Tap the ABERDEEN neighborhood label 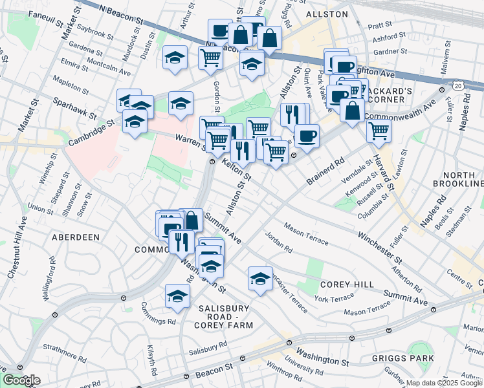click(x=76, y=237)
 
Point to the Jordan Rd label click(x=279, y=244)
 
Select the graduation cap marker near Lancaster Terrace click(x=260, y=279)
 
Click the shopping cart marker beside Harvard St click(x=379, y=130)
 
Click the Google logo click(x=21, y=380)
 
